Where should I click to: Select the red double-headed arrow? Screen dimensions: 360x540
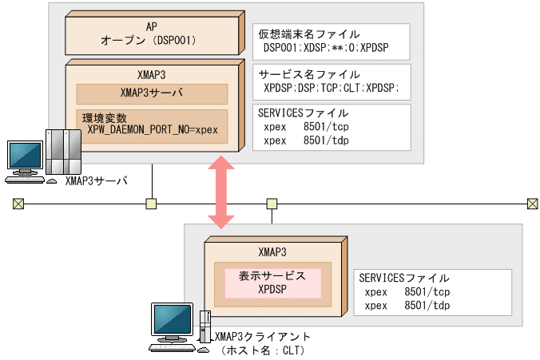pos(221,192)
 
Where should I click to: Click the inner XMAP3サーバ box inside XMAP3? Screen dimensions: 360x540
pos(152,93)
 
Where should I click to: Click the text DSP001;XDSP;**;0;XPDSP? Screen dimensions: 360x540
pos(325,48)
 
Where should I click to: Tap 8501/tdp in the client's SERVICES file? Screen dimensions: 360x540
pos(427,305)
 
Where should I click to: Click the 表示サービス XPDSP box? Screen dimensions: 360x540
pos(272,283)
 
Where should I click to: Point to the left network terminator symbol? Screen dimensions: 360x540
pos(18,204)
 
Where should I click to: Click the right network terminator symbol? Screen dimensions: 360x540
pos(532,204)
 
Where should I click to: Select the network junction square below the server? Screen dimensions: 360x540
pos(150,204)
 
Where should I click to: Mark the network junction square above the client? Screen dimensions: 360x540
pos(272,204)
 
